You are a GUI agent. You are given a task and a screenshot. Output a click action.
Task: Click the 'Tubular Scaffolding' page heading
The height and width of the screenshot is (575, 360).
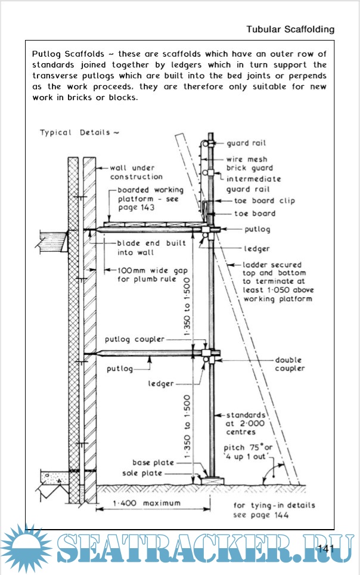click(x=290, y=29)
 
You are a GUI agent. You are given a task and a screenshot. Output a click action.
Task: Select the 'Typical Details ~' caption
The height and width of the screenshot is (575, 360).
click(x=79, y=132)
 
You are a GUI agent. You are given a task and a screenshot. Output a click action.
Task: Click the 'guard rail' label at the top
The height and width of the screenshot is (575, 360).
click(x=246, y=144)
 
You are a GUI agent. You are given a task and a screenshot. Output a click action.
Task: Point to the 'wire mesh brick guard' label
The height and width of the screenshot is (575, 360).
click(x=250, y=163)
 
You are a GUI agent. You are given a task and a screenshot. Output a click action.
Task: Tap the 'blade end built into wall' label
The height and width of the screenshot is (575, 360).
click(x=151, y=248)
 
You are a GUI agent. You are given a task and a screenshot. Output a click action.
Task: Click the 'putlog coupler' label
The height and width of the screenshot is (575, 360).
click(x=135, y=339)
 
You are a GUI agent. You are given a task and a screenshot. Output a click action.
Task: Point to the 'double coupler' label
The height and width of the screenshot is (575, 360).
click(x=288, y=364)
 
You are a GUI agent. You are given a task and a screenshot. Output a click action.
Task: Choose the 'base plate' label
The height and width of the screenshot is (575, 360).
click(x=154, y=462)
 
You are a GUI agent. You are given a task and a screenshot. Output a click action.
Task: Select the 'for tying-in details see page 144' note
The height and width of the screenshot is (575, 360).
click(x=274, y=510)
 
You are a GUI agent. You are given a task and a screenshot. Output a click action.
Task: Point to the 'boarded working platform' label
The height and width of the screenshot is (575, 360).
click(x=147, y=199)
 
